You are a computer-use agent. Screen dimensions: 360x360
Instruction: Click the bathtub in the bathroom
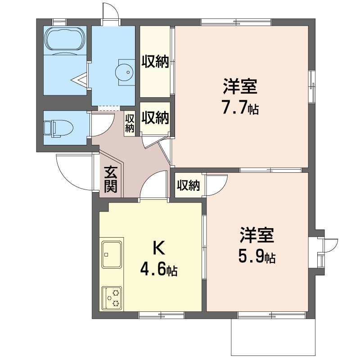pos(65,39)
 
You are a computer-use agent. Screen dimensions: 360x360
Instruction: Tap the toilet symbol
pos(58,128)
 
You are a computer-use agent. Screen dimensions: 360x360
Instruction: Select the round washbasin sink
pos(124,72)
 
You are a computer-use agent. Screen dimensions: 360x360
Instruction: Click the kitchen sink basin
pos(112,254)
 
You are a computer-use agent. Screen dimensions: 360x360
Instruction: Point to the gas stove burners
pos(112,297)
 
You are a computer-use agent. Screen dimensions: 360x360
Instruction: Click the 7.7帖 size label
pos(240,108)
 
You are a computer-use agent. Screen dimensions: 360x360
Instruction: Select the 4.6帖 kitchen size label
pos(159,270)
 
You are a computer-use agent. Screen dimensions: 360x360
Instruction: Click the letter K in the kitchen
pos(159,248)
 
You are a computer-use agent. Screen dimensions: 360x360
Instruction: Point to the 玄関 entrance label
pos(111,179)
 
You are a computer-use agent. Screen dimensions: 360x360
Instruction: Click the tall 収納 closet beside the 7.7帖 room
pos(155,62)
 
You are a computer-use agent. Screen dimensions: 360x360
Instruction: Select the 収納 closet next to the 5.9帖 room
pos(189,185)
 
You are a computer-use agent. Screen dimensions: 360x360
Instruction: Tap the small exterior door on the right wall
pos(331,246)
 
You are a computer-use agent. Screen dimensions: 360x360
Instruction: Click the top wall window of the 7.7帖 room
pos(236,22)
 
